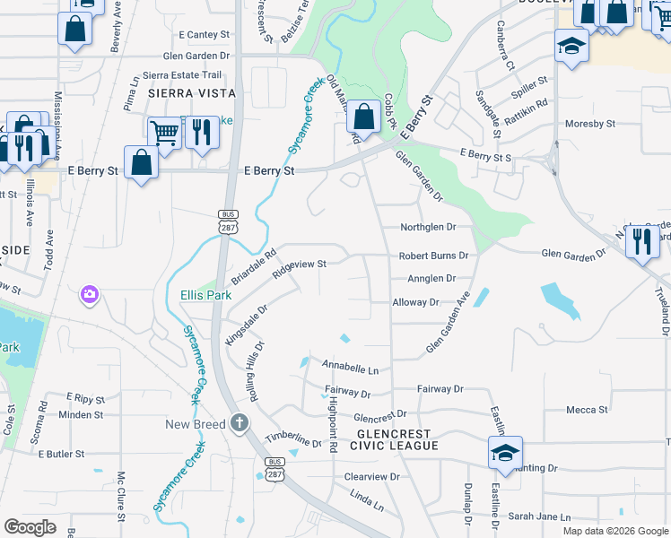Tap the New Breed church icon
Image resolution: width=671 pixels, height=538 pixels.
pyautogui.click(x=240, y=422)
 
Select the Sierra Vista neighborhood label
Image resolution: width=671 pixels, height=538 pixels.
pyautogui.click(x=191, y=93)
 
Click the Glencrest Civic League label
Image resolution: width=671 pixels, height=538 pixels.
pyautogui.click(x=395, y=438)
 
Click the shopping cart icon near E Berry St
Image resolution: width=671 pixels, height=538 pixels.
pyautogui.click(x=164, y=134)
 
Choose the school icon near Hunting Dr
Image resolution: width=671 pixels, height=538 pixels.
pyautogui.click(x=505, y=453)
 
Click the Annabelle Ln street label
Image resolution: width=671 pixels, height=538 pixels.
pyautogui.click(x=351, y=369)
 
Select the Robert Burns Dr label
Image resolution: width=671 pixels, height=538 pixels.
pyautogui.click(x=434, y=256)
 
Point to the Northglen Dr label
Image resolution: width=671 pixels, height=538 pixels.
pyautogui.click(x=428, y=227)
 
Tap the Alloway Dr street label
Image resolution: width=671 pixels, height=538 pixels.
pyautogui.click(x=415, y=303)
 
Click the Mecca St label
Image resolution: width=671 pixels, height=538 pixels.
pyautogui.click(x=588, y=410)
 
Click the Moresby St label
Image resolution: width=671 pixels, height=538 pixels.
pyautogui.click(x=589, y=124)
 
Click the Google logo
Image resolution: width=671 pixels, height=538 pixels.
pyautogui.click(x=30, y=527)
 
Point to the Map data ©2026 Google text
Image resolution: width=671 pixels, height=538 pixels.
pyautogui.click(x=614, y=531)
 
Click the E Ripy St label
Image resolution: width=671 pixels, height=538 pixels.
pyautogui.click(x=85, y=397)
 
